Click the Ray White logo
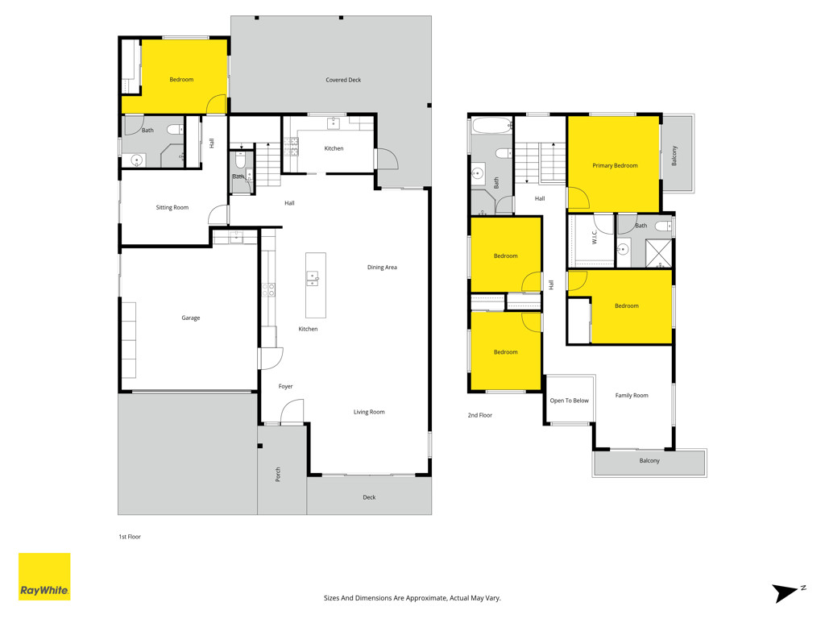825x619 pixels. click(x=44, y=576)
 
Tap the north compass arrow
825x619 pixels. click(x=787, y=592)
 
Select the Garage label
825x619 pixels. click(x=190, y=318)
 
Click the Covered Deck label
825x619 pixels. click(x=343, y=80)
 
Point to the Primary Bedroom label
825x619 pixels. click(x=615, y=165)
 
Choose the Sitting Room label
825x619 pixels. click(x=172, y=207)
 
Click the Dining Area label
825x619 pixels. click(x=382, y=268)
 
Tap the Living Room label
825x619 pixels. click(x=369, y=412)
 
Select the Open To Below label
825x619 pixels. click(x=570, y=401)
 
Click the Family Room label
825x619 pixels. click(x=632, y=395)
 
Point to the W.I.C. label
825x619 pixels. click(x=595, y=237)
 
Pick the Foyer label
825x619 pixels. click(x=285, y=386)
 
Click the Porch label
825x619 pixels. click(x=278, y=474)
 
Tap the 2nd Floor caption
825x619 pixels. click(x=480, y=415)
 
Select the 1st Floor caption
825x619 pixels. click(x=130, y=537)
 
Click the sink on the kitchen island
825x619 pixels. click(x=313, y=278)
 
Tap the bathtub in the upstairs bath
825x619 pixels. click(x=492, y=125)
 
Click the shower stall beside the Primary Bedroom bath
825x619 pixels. click(x=658, y=253)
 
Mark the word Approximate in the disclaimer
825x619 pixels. click(x=425, y=598)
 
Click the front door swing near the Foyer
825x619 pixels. click(x=292, y=411)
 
